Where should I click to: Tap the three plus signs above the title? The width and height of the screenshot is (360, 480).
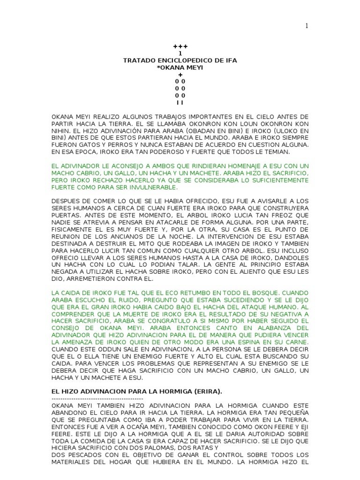point(180,47)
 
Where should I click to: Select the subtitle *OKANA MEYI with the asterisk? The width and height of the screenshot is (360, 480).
point(180,68)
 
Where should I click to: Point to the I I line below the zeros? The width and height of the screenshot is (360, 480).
point(180,102)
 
